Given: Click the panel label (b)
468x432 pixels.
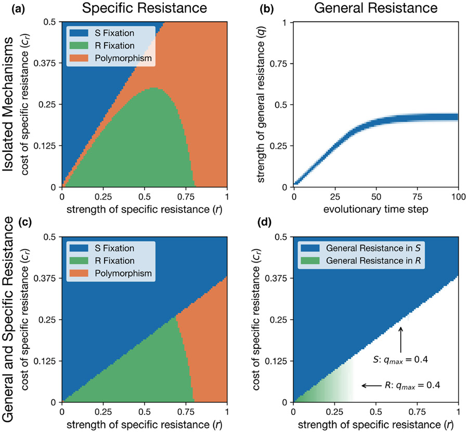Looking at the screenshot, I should click(251, 8).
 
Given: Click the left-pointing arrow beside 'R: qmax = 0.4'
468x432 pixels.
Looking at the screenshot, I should click(372, 386).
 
